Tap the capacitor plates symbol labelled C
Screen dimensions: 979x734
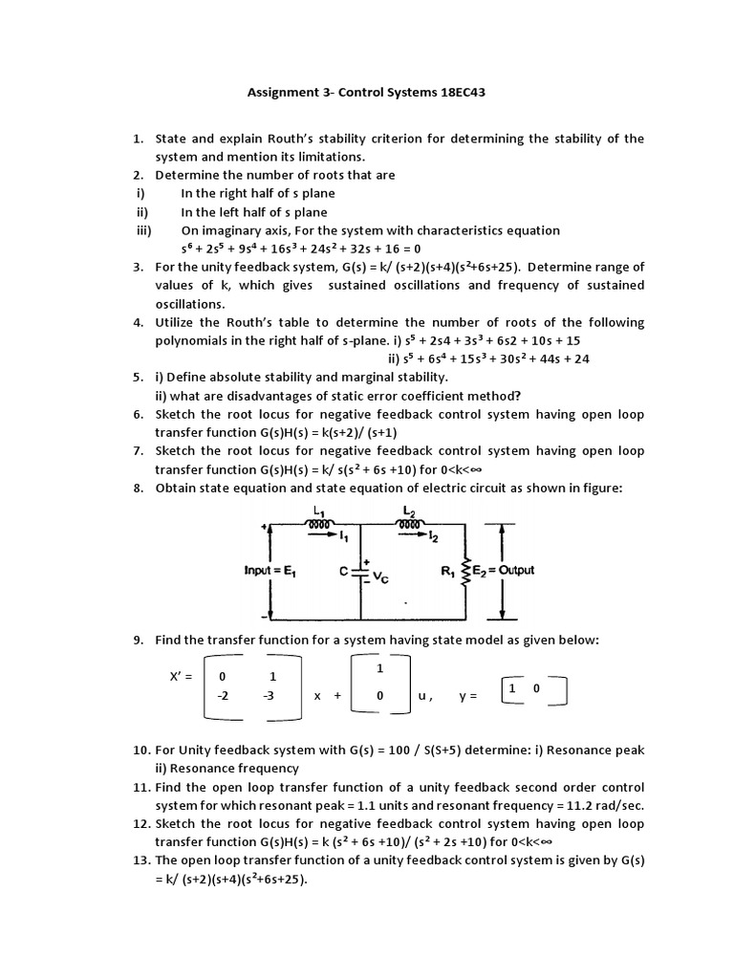tap(362, 572)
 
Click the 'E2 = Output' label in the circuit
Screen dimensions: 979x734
tap(506, 571)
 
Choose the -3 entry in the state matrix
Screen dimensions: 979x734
tap(271, 696)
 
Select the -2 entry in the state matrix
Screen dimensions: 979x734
tap(223, 696)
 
